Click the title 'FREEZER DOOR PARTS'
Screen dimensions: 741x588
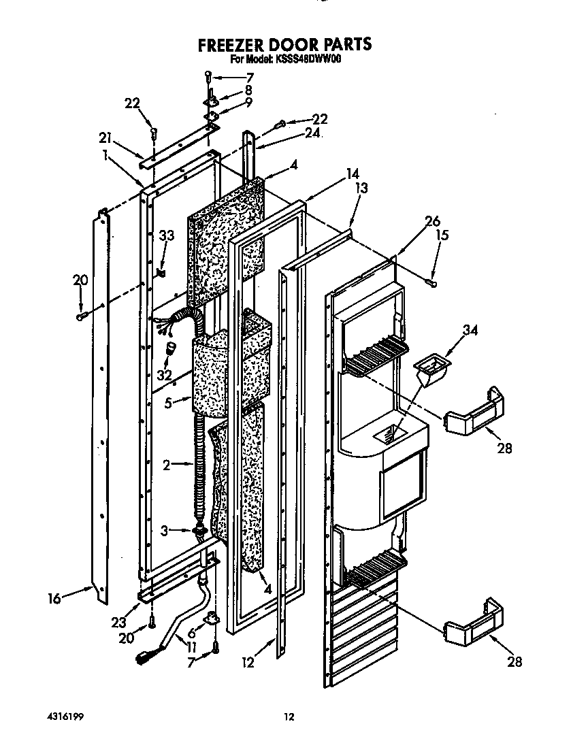284,44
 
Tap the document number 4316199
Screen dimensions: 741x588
66,717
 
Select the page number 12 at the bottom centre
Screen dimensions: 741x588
289,717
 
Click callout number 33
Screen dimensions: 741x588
167,236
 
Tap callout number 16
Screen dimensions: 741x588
54,599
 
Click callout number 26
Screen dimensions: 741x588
433,220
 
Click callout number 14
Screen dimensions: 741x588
352,174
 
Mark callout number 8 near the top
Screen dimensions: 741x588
248,90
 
